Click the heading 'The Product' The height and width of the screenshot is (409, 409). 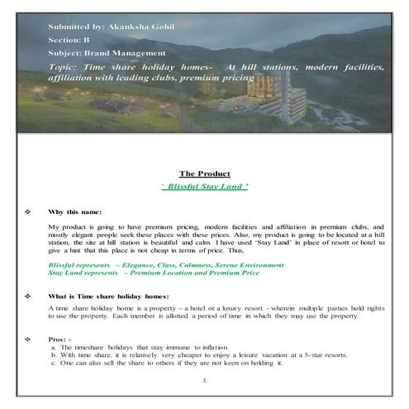pyautogui.click(x=204, y=174)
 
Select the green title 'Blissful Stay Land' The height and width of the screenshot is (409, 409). pyautogui.click(x=204, y=187)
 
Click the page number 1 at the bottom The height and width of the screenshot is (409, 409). pyautogui.click(x=204, y=379)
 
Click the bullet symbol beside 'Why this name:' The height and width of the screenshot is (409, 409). pyautogui.click(x=28, y=212)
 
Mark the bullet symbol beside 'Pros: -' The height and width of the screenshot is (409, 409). pyautogui.click(x=28, y=339)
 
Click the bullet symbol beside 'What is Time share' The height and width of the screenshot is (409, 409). pyautogui.click(x=28, y=295)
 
